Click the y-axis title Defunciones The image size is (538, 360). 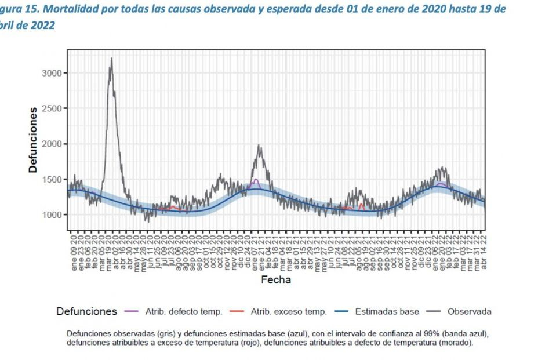[x=34, y=139]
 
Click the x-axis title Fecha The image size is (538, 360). [x=276, y=280]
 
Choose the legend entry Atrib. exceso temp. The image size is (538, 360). [x=288, y=312]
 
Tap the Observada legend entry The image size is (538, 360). [x=469, y=312]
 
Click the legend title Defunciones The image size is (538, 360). [x=86, y=312]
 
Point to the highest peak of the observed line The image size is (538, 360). [x=111, y=58]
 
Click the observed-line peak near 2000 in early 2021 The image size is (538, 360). [x=259, y=146]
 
